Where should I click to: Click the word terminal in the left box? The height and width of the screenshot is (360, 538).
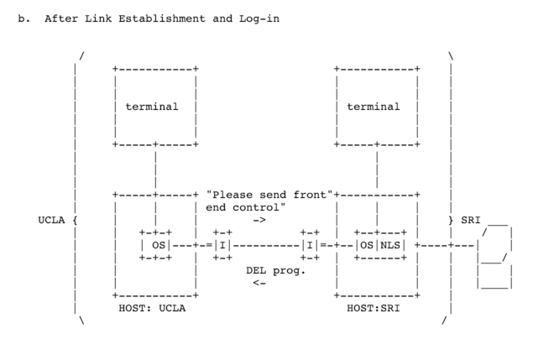coord(152,107)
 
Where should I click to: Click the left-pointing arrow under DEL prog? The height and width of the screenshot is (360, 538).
coord(259,283)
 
